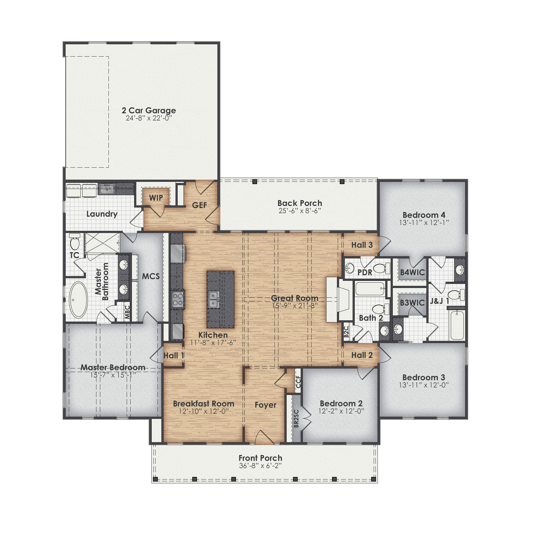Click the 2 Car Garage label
pyautogui.click(x=149, y=110)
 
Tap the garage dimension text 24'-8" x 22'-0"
pyautogui.click(x=149, y=118)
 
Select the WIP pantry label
pyautogui.click(x=156, y=198)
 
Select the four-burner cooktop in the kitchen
pyautogui.click(x=178, y=299)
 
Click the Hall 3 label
pyautogui.click(x=362, y=245)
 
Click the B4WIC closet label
pyautogui.click(x=412, y=272)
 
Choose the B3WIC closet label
pyautogui.click(x=412, y=303)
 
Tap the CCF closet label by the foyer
pyautogui.click(x=298, y=382)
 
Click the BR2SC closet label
pyautogui.click(x=296, y=419)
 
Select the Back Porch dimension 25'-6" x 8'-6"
pyautogui.click(x=299, y=211)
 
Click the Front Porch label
pyautogui.click(x=260, y=458)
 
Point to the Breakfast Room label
pyautogui.click(x=203, y=404)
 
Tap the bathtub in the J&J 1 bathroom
pyautogui.click(x=457, y=325)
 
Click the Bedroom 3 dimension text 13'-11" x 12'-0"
pyautogui.click(x=424, y=385)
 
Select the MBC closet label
pyautogui.click(x=127, y=312)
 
